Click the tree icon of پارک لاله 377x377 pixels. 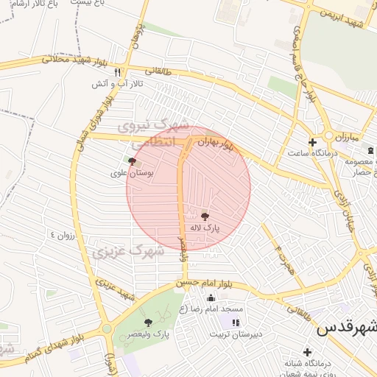coord(205,216)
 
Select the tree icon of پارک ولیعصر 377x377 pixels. coord(148,323)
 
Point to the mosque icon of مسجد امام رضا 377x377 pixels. coord(211,298)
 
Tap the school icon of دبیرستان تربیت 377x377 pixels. coord(236,323)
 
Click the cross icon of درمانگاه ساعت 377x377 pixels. coord(312,142)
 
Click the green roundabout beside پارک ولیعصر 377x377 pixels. coord(107,328)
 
